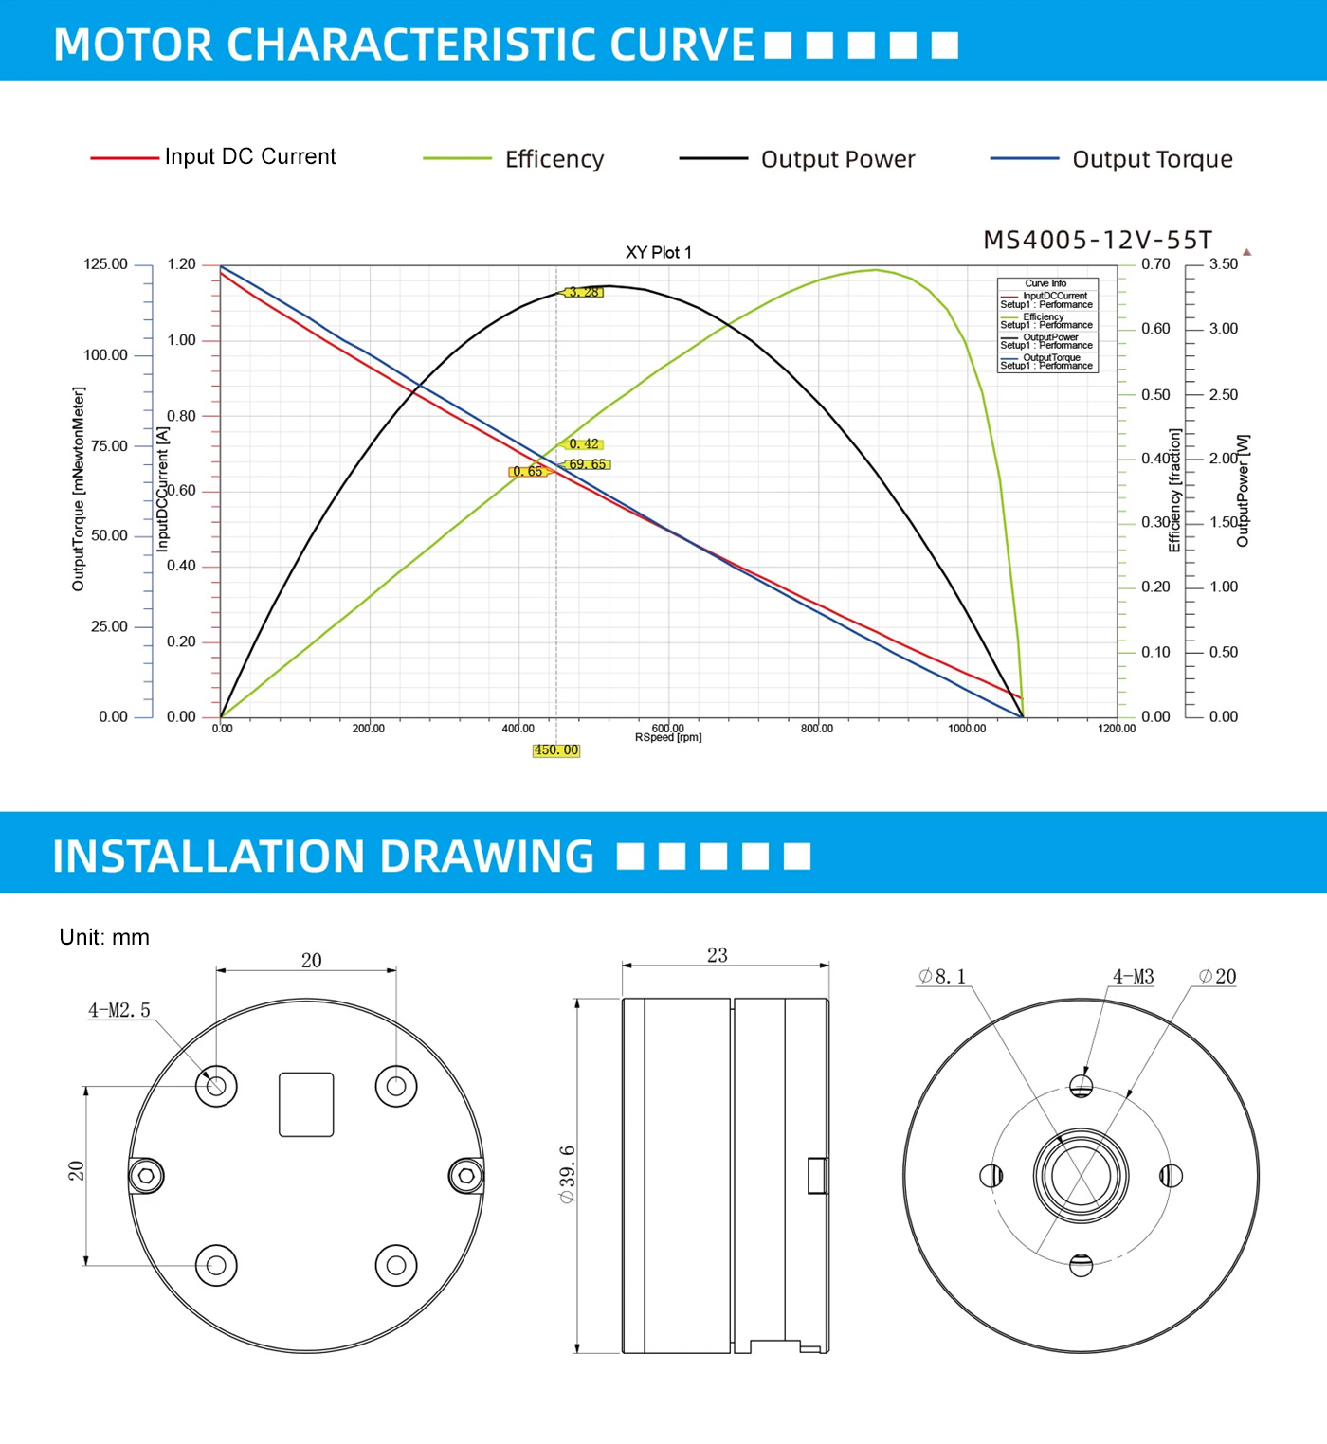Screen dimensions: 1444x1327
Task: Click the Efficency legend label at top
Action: pyautogui.click(x=554, y=159)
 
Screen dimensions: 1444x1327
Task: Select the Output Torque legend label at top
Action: pyautogui.click(x=1152, y=159)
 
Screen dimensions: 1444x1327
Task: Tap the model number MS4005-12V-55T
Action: pyautogui.click(x=1098, y=241)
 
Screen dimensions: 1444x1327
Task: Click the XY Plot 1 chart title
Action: pyautogui.click(x=659, y=253)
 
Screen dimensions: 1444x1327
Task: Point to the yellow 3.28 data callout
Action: pyautogui.click(x=584, y=292)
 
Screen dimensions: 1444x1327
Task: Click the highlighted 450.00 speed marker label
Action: pyautogui.click(x=555, y=750)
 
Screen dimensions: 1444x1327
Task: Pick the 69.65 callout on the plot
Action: pyautogui.click(x=588, y=464)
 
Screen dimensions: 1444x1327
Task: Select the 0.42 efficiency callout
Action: pyautogui.click(x=584, y=444)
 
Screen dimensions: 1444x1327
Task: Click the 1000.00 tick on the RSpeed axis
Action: pyautogui.click(x=967, y=729)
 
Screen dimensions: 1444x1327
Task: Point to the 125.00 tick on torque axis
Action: pyautogui.click(x=105, y=264)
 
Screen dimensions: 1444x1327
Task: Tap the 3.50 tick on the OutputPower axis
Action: pyautogui.click(x=1224, y=264)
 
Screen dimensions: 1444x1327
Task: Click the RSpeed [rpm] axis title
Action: pyautogui.click(x=668, y=738)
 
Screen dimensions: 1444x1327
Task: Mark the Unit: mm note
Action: pyautogui.click(x=104, y=937)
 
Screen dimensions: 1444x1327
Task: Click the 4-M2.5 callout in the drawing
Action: pyautogui.click(x=119, y=1010)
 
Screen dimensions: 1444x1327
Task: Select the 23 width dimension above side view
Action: pyautogui.click(x=718, y=955)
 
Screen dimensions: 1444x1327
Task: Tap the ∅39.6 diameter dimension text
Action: pyautogui.click(x=568, y=1174)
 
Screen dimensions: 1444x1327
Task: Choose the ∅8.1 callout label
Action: pyautogui.click(x=942, y=977)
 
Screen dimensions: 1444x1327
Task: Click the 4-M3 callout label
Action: pyautogui.click(x=1134, y=977)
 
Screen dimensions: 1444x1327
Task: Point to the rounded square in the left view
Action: pyautogui.click(x=306, y=1104)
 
